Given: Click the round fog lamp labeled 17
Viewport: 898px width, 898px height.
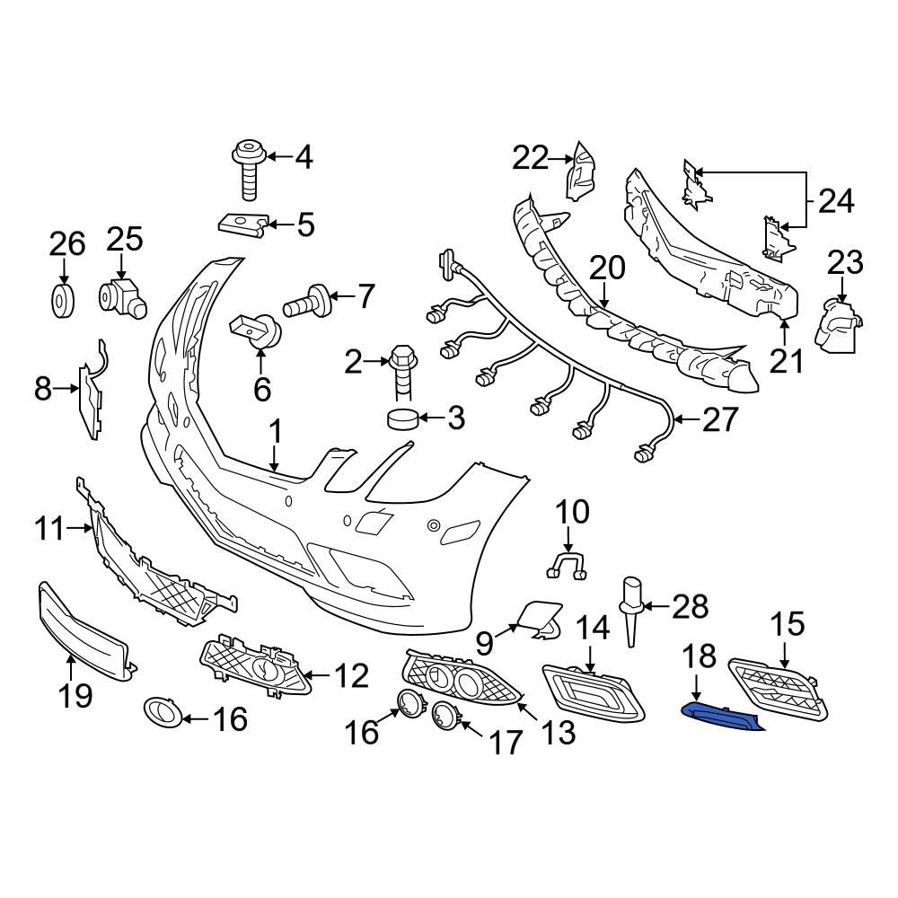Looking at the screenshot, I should pos(445,716).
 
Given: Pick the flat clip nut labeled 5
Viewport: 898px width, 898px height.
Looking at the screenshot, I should pos(242,222).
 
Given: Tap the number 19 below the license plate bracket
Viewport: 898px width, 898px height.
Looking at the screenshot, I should pos(75,694).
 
